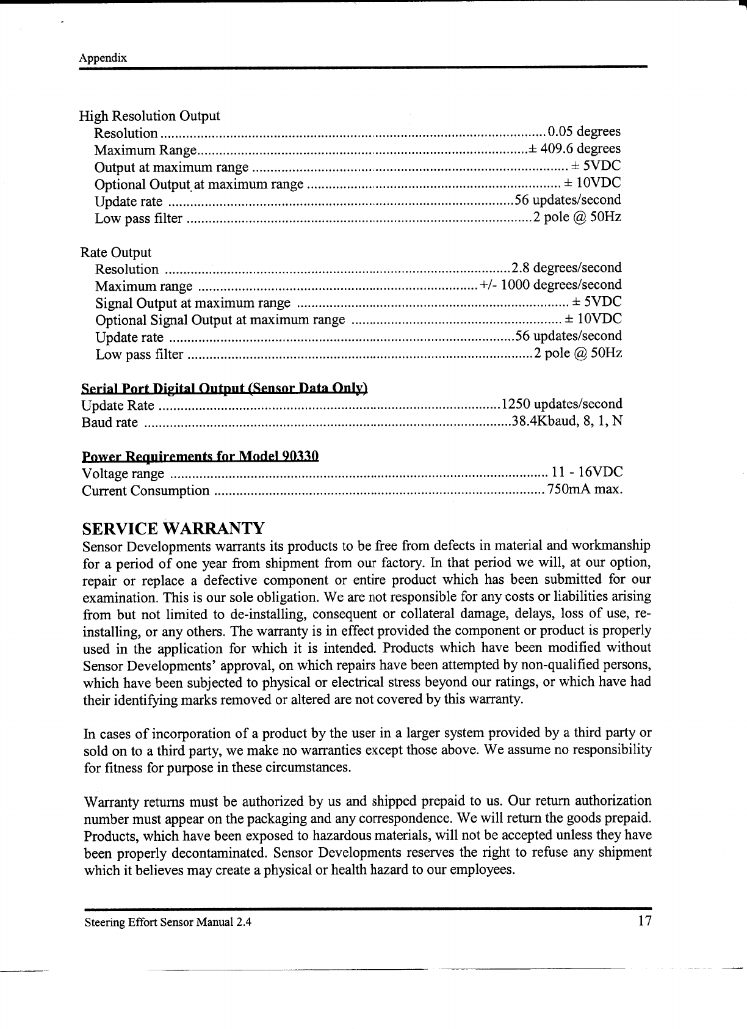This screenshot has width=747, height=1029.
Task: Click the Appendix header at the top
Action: (x=103, y=58)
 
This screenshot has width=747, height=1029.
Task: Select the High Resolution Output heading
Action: (x=150, y=116)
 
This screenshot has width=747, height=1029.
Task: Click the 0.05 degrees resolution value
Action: (x=584, y=132)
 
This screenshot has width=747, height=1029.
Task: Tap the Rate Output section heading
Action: (x=116, y=252)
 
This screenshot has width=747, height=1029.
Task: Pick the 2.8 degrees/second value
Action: (x=566, y=268)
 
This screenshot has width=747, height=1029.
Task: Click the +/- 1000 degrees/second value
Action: (x=551, y=285)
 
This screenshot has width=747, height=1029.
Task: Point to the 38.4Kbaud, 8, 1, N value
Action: (x=567, y=421)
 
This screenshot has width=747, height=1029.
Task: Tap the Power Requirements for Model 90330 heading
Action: (x=201, y=457)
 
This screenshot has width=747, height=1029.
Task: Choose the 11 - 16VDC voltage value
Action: (x=586, y=472)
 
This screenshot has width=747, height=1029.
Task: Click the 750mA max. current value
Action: (x=585, y=490)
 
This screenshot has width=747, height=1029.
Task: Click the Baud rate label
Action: (x=110, y=423)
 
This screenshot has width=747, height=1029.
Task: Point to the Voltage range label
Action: (x=123, y=474)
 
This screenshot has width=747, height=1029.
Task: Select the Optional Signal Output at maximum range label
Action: (x=220, y=320)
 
